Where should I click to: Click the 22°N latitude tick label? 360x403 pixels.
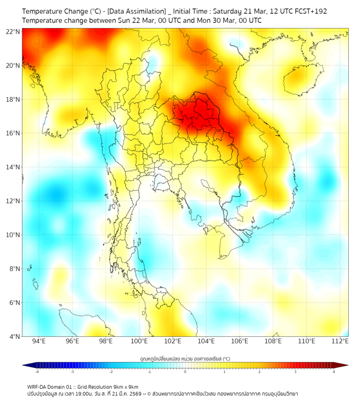pyautogui.click(x=13, y=31)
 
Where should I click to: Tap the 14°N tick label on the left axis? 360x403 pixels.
pyautogui.click(x=13, y=167)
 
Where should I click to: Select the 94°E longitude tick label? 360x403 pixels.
pyautogui.click(x=39, y=341)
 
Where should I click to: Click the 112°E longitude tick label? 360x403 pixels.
pyautogui.click(x=340, y=341)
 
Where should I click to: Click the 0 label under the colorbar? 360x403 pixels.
pyautogui.click(x=185, y=372)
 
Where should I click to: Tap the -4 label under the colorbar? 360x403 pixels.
pyautogui.click(x=36, y=372)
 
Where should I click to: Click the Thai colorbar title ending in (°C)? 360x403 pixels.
pyautogui.click(x=185, y=358)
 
